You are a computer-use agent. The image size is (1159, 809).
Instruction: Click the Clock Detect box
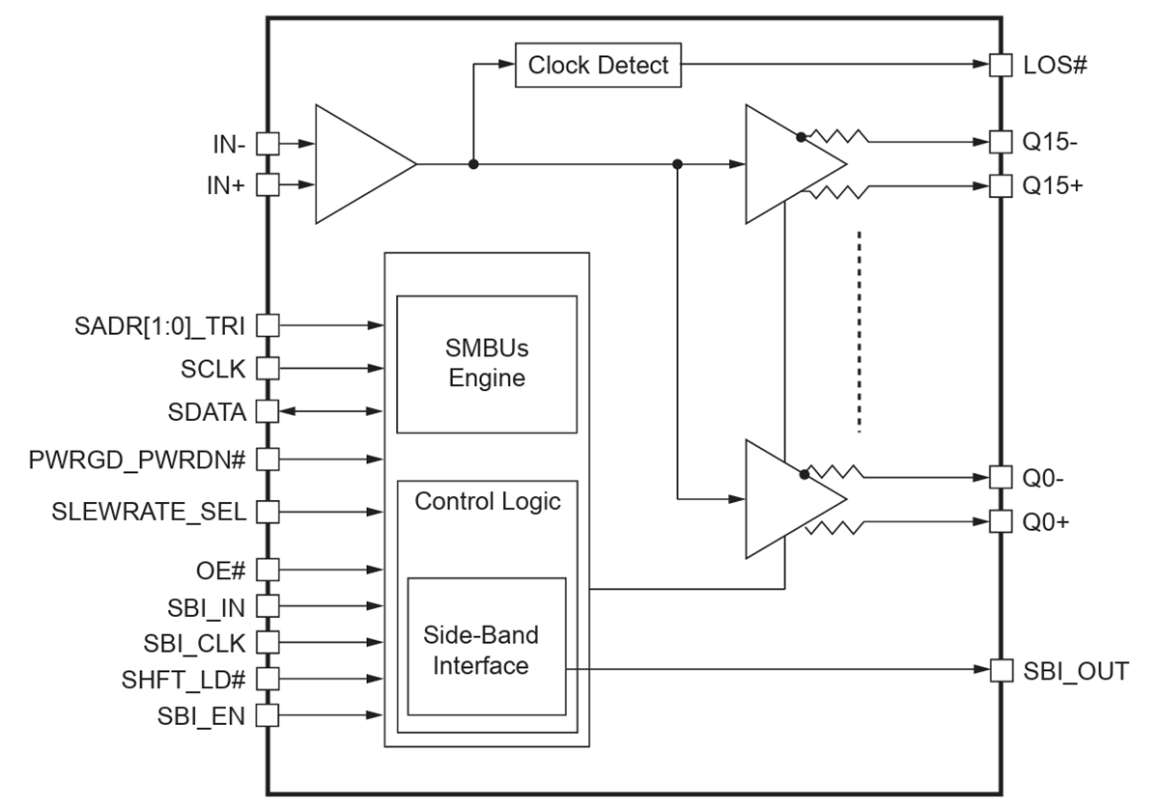(598, 66)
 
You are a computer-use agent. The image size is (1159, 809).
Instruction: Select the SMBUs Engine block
(487, 364)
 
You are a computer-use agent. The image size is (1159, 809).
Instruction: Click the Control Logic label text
(487, 502)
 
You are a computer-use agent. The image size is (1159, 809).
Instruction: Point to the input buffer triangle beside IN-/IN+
(357, 165)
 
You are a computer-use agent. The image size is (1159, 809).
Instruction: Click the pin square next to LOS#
(1002, 66)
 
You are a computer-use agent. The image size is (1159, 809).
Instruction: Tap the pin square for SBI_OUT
(1002, 669)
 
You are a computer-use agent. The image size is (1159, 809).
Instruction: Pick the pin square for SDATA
(268, 412)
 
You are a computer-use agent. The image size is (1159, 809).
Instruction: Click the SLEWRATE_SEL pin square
(268, 511)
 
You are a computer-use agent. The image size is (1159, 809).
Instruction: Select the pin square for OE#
(268, 569)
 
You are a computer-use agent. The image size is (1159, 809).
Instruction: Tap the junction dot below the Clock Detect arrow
(473, 165)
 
